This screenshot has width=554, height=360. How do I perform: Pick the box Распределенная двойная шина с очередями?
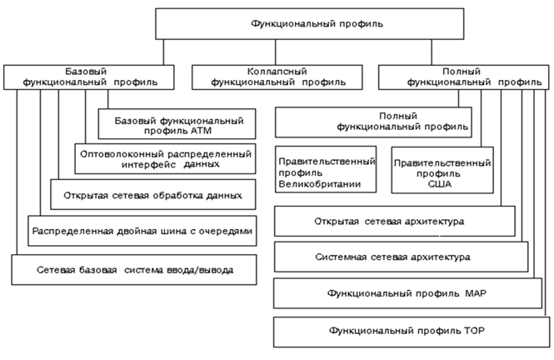pyautogui.click(x=141, y=229)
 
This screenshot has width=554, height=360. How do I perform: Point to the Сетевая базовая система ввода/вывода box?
pyautogui.click(x=134, y=270)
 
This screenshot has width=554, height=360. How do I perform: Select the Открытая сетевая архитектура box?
pyautogui.click(x=389, y=222)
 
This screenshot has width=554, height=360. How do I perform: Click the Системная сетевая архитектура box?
pyautogui.click(x=401, y=257)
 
